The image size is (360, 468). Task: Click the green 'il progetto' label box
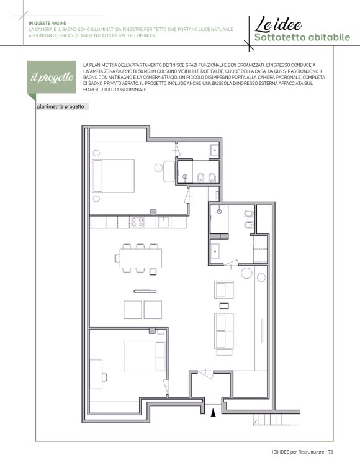[x=52, y=78]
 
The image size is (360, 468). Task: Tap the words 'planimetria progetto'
[x=60, y=107]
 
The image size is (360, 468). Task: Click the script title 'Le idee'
[x=278, y=25]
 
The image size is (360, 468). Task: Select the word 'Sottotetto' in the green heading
[x=279, y=37]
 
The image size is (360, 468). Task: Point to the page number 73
[x=330, y=452]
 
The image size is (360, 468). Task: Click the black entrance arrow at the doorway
[x=213, y=413]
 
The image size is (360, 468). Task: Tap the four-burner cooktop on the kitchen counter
[x=137, y=222]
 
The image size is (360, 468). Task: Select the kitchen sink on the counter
[x=164, y=222]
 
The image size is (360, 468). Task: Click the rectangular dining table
[x=141, y=258]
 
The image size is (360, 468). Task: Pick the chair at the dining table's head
[x=117, y=258]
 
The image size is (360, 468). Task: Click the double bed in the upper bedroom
[x=113, y=176]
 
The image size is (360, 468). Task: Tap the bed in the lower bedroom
[x=145, y=356]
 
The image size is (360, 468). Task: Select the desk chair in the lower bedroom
[x=104, y=377]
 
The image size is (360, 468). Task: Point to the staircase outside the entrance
[x=271, y=419]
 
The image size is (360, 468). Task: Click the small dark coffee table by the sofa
[x=224, y=305]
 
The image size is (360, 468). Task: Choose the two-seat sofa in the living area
[x=224, y=331]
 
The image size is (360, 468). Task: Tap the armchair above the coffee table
[x=224, y=289]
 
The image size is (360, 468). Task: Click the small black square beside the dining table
[x=153, y=272]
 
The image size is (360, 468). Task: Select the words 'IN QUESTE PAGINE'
[x=47, y=24]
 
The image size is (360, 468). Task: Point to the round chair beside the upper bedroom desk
[x=158, y=168]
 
